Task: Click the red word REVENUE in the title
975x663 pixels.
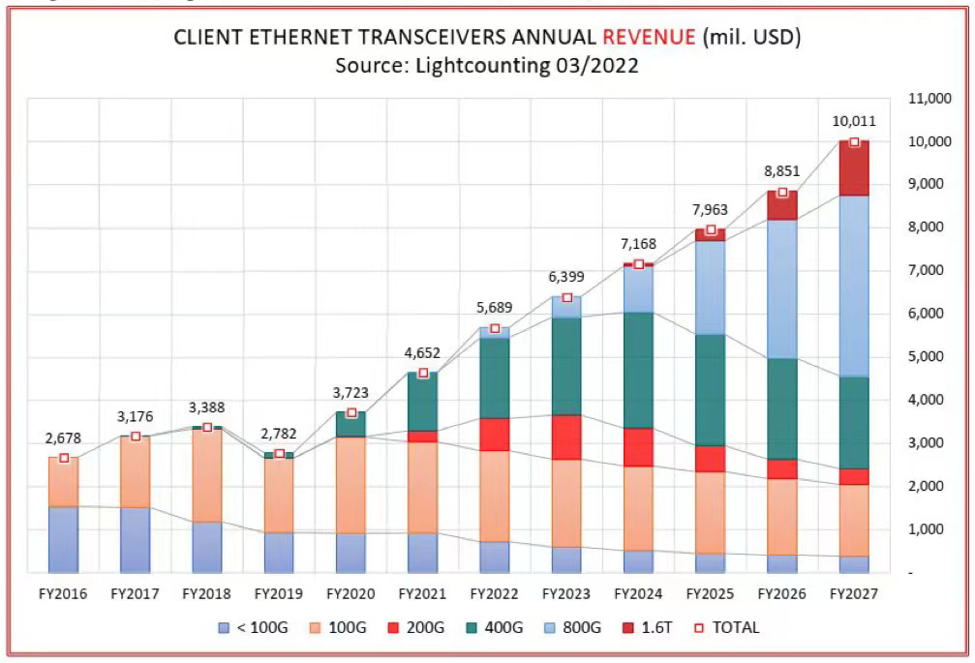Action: coord(649,38)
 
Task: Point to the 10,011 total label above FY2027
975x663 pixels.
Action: coord(853,122)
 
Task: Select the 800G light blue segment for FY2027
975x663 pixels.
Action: coord(853,286)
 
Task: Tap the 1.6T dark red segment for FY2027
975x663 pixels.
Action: coord(853,170)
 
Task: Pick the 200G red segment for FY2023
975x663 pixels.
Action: coord(566,437)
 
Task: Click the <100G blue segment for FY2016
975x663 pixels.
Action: coord(64,538)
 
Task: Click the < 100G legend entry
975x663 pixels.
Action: coord(253,627)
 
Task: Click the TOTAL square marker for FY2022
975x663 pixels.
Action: coord(495,329)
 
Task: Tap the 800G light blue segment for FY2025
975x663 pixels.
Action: coord(710,287)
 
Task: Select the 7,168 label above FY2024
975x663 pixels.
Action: coord(638,244)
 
